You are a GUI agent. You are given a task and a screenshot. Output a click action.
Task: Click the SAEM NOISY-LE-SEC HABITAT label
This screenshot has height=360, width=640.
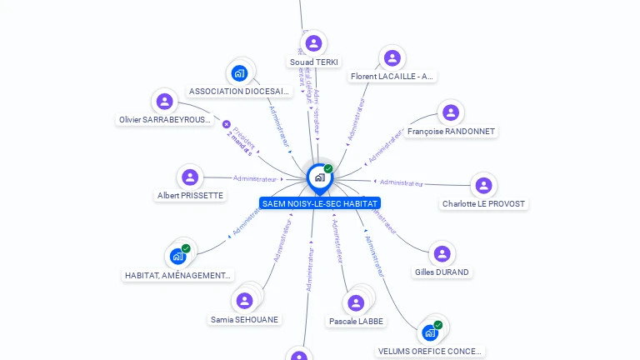pos(319,203)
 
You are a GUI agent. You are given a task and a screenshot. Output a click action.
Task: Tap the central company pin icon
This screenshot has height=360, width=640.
pos(319,177)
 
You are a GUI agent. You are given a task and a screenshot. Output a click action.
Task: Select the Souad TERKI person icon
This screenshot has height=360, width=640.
pos(314,43)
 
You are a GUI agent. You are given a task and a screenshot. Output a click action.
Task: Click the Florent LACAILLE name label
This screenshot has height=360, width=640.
pos(392,77)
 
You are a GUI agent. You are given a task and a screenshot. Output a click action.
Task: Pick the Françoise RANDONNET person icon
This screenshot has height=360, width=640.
pos(451,112)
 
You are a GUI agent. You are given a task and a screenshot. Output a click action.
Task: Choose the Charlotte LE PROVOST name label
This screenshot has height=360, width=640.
pos(483,204)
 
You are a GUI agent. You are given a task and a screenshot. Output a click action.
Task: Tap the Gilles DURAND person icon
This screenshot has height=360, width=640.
pos(442,253)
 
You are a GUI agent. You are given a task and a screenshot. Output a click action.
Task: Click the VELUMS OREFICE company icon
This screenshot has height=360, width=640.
pos(430,332)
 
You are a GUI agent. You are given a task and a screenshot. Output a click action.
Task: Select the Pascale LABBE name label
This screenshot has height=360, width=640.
pos(356,321)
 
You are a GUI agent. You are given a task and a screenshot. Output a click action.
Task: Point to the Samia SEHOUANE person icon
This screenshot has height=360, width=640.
pos(244,300)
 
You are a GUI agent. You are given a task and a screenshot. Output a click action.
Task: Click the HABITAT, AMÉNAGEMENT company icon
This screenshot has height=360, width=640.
pos(177,256)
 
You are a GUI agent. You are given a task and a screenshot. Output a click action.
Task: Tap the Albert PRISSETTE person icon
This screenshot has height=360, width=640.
pos(190,177)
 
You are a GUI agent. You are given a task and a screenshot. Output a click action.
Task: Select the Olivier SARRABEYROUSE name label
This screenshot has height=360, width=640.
pos(165,120)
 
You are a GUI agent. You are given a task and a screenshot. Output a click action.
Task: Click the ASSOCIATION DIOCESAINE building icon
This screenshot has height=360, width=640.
pos(240,72)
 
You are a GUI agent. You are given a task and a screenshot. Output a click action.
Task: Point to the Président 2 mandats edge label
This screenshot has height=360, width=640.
pos(242,138)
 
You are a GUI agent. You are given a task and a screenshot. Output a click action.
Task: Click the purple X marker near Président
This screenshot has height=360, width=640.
pos(227,124)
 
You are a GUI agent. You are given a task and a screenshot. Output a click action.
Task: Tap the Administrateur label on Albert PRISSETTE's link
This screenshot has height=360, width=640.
pos(255,178)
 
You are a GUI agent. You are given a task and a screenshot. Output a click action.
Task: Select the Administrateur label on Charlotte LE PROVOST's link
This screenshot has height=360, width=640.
pos(401,182)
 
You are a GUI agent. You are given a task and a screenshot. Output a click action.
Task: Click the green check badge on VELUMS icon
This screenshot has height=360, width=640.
pos(437,325)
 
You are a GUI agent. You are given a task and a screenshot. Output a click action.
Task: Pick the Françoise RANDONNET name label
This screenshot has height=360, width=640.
pos(451,132)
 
